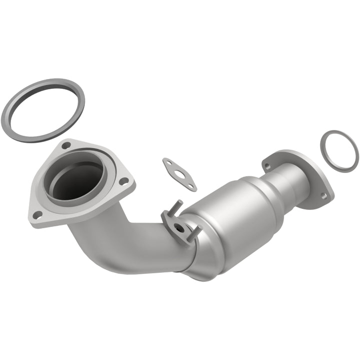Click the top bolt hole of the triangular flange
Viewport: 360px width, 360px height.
[65, 145]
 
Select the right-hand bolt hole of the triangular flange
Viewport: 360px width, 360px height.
[124, 180]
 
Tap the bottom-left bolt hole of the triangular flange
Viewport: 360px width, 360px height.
[36, 215]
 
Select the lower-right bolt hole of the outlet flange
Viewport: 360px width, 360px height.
[323, 196]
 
